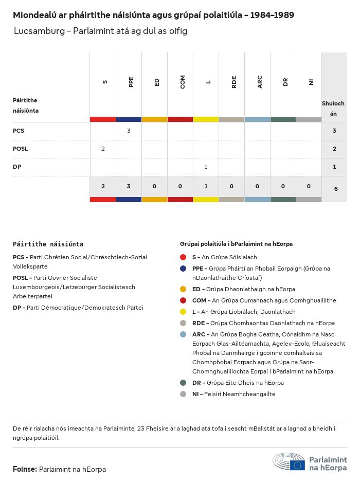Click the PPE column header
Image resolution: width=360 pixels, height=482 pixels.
[x=131, y=82]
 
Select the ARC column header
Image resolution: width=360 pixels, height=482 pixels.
[x=260, y=82]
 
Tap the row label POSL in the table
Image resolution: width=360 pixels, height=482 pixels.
[x=21, y=149]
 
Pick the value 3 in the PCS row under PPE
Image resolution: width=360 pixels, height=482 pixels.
[x=129, y=131]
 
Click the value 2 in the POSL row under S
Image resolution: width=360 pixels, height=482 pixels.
[x=103, y=149]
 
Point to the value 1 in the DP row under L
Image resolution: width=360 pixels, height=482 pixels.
[x=206, y=167]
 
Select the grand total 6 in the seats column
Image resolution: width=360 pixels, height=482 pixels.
[x=335, y=189]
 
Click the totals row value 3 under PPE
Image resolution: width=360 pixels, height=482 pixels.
[x=129, y=186]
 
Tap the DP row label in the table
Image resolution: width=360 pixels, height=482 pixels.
[x=17, y=167]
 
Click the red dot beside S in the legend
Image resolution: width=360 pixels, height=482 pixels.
[x=183, y=257]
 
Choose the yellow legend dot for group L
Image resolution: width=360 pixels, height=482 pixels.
[x=183, y=312]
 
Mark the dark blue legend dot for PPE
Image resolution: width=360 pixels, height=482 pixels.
[x=183, y=269]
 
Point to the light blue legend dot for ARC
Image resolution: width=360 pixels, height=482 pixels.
[x=183, y=334]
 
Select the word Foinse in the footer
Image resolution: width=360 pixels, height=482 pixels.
[x=24, y=469]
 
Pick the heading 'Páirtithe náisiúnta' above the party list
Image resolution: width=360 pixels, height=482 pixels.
[x=48, y=244]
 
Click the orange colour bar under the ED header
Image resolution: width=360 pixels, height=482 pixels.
[x=154, y=119]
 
